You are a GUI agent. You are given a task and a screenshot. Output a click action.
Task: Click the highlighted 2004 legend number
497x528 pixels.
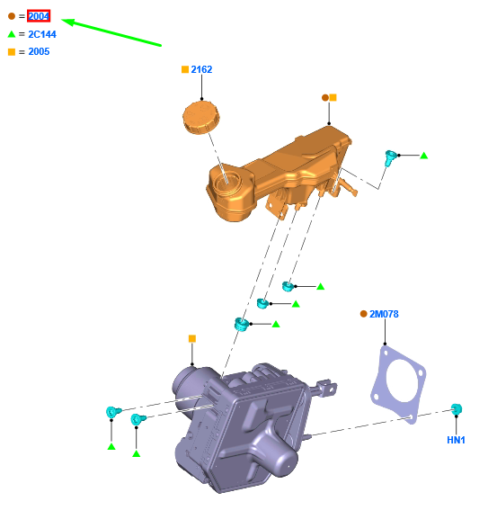pyautogui.click(x=39, y=16)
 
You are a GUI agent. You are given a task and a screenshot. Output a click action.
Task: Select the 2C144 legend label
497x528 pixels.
pyautogui.click(x=42, y=34)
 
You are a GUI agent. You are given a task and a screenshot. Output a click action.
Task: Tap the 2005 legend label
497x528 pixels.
pyautogui.click(x=39, y=51)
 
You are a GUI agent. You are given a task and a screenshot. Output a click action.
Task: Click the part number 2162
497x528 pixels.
pyautogui.click(x=201, y=69)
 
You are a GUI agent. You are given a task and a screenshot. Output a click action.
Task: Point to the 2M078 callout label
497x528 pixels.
pyautogui.click(x=384, y=314)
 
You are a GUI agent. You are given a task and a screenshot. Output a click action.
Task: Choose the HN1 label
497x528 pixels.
pyautogui.click(x=456, y=440)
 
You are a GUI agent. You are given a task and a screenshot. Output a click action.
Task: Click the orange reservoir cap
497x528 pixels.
pyautogui.click(x=201, y=118)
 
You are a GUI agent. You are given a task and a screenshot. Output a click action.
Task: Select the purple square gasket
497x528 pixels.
pyautogui.click(x=398, y=384)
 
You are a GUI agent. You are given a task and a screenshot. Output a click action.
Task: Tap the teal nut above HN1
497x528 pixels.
pyautogui.click(x=457, y=408)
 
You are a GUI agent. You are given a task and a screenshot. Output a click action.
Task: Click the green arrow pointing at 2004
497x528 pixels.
pyautogui.click(x=111, y=32)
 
